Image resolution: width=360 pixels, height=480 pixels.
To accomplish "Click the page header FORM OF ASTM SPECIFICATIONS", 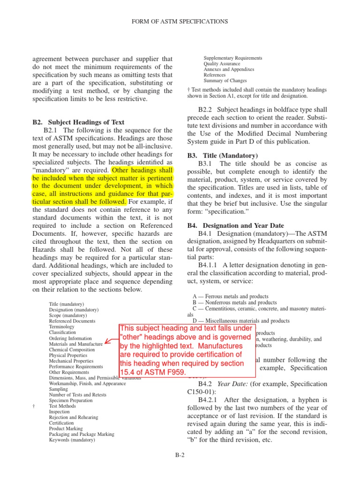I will tap(180, 22).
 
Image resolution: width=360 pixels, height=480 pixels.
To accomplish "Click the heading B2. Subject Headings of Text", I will tap(79, 122).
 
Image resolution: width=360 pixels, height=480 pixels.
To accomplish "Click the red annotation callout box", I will tap(187, 350).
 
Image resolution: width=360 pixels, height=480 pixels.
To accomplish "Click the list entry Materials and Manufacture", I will tap(75, 344).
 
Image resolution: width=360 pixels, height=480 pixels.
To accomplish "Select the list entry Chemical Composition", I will tap(71, 350).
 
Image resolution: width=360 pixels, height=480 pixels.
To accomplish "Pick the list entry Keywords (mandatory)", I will tap(72, 440).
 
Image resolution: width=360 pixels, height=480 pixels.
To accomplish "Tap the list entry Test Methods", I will tap(62, 406).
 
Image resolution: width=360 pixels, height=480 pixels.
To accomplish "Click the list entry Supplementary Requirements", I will tap(232, 58).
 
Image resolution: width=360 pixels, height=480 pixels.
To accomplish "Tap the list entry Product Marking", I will tap(66, 428).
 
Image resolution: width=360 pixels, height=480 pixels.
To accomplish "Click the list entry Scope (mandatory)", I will tap(68, 315).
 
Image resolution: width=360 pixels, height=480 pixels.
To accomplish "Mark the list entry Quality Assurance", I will tap(222, 64).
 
